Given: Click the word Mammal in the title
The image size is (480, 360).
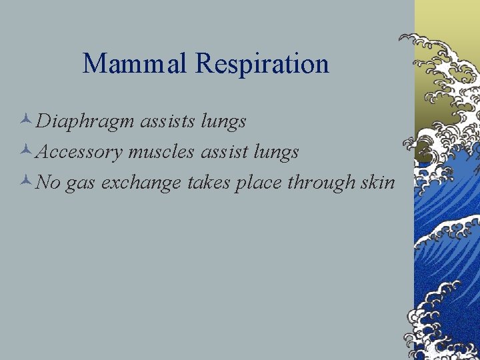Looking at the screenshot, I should (x=136, y=64).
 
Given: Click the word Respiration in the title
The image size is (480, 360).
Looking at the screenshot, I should (x=263, y=64).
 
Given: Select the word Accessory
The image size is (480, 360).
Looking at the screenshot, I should (x=79, y=153).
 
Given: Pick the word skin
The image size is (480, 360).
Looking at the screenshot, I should (x=377, y=183).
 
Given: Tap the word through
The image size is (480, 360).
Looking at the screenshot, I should (x=319, y=183).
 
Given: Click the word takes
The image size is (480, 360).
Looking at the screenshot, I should (x=208, y=183).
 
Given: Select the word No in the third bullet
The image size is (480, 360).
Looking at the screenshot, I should (x=48, y=183).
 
